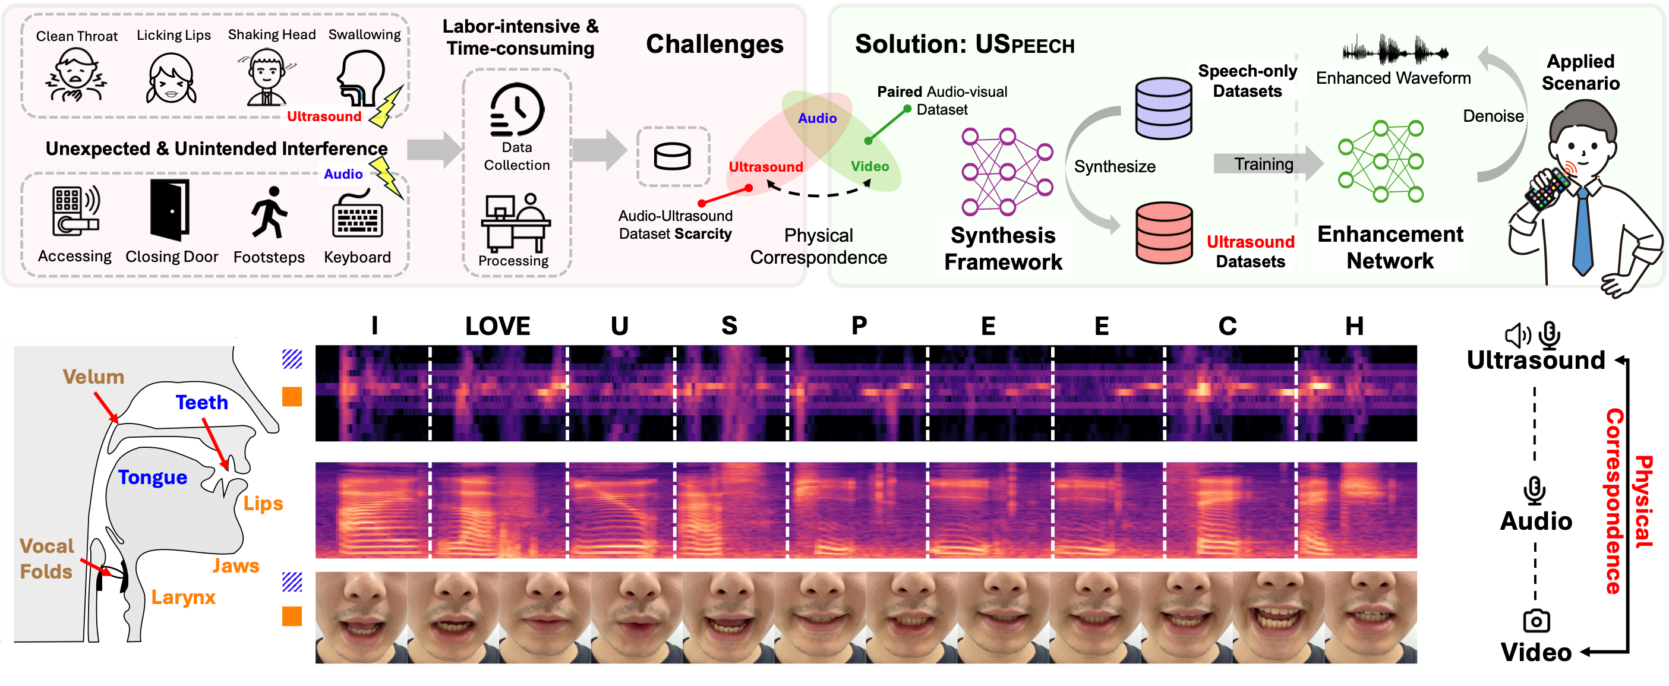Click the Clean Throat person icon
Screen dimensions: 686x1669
click(x=76, y=77)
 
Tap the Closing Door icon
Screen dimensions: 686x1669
click(x=170, y=210)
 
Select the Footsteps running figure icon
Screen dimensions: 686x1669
click(x=269, y=212)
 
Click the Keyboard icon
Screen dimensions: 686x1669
click(x=357, y=214)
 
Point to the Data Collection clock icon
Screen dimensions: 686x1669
click(x=516, y=109)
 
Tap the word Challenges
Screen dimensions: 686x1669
click(x=714, y=44)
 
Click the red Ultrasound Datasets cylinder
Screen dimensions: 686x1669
click(x=1163, y=232)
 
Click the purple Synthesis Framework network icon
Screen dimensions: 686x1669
click(x=1005, y=171)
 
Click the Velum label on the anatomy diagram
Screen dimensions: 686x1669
click(x=93, y=377)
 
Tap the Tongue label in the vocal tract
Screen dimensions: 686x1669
click(x=152, y=478)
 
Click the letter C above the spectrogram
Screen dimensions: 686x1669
click(x=1227, y=326)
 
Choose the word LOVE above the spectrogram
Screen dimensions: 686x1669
click(x=497, y=326)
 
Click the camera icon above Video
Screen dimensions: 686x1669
click(x=1535, y=621)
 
